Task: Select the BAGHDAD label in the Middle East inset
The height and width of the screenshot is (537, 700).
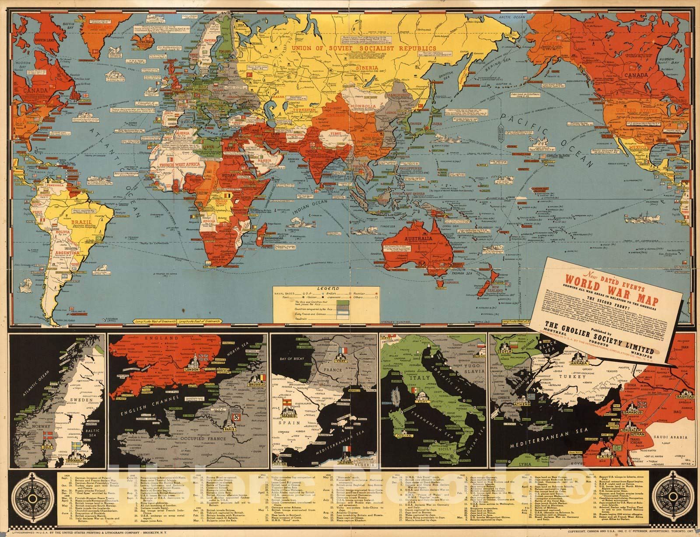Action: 686,396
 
